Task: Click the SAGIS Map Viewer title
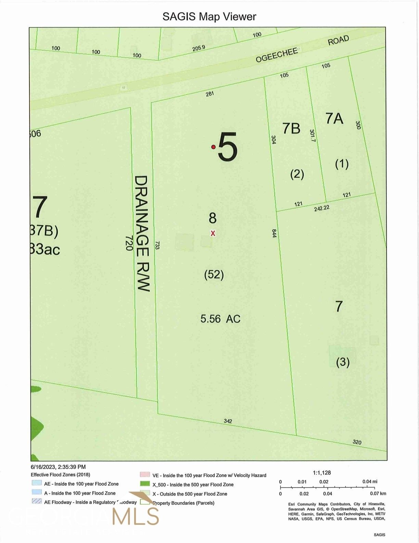209,16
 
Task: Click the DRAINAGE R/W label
142,233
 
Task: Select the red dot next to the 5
213,147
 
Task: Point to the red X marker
213,233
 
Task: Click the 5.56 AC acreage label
220,319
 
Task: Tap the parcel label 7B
291,129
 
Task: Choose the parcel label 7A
334,118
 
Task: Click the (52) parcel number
214,275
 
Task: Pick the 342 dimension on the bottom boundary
228,421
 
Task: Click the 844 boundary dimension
274,233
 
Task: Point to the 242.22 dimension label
321,208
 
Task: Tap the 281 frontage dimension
210,93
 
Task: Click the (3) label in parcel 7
343,362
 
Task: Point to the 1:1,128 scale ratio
322,473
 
